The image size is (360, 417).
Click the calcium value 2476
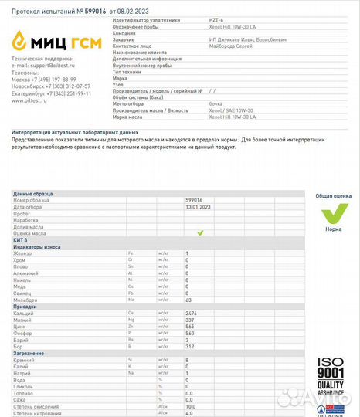[192, 313]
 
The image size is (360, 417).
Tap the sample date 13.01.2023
[197, 207]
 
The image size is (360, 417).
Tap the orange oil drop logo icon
[20, 39]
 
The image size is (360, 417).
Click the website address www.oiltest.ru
[31, 100]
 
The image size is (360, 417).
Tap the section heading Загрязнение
[29, 353]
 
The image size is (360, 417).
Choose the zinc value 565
[190, 326]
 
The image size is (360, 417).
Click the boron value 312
[190, 346]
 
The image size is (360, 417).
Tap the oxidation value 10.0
[191, 405]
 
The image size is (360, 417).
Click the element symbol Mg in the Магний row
[131, 320]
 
